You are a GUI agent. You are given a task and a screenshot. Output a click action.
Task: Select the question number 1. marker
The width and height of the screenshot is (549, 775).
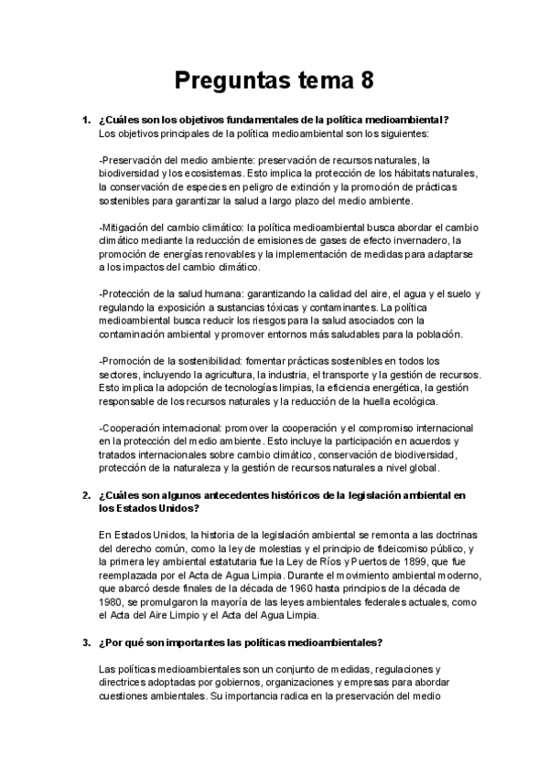[87, 121]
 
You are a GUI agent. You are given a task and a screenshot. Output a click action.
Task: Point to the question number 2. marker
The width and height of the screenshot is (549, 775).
[87, 495]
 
